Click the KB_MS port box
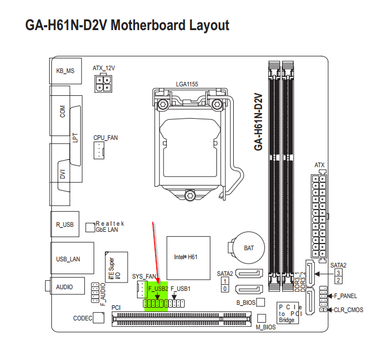pos(65,71)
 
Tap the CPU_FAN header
pos(100,149)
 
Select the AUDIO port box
pos(65,286)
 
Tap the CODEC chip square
pos(98,318)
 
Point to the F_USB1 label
pos(180,289)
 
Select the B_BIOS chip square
pos(261,303)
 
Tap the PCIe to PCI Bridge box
pos(290,314)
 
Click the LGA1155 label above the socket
pos(187,84)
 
